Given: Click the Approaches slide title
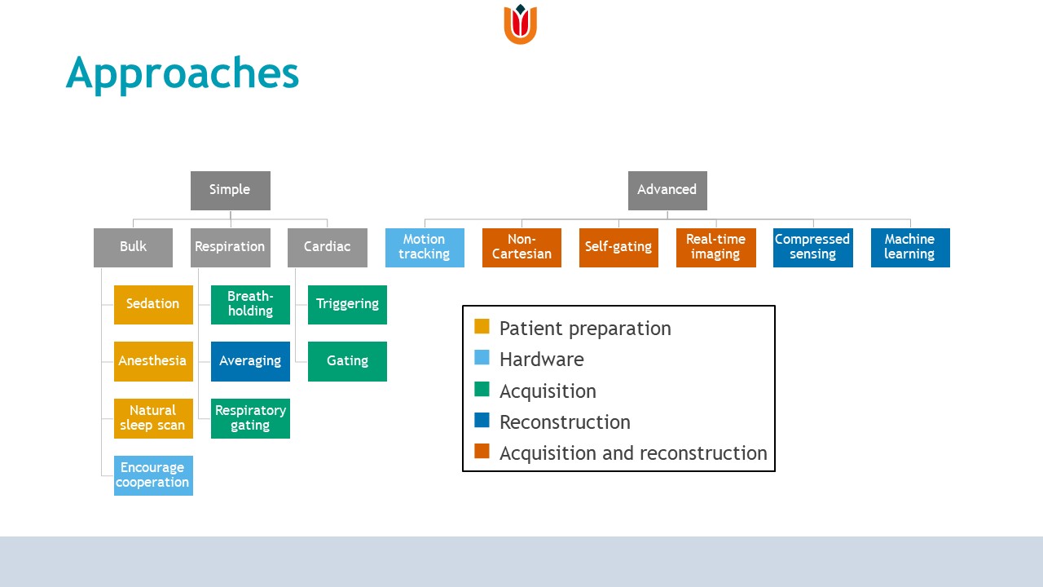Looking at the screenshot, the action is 183,73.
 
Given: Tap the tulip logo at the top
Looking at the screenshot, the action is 520,24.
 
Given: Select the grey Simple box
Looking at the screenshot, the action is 230,190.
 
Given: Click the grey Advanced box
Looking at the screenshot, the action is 667,190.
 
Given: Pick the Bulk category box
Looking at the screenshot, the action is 133,247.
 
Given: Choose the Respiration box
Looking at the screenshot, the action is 230,247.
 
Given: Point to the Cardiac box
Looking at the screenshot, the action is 327,247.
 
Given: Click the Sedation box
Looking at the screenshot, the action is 153,304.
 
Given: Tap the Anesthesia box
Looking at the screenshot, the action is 153,361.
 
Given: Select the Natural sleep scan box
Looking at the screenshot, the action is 153,418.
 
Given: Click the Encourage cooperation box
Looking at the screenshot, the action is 153,475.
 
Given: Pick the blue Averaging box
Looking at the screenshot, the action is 250,361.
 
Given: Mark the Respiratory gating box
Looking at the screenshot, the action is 250,418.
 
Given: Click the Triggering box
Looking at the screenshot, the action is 347,304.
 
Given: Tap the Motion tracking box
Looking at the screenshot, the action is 425,247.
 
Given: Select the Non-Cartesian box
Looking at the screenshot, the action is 521,247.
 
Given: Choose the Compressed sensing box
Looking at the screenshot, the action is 812,247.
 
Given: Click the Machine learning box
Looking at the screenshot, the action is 909,247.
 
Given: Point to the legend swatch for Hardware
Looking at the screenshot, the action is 482,358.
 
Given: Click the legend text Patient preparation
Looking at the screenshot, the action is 585,329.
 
